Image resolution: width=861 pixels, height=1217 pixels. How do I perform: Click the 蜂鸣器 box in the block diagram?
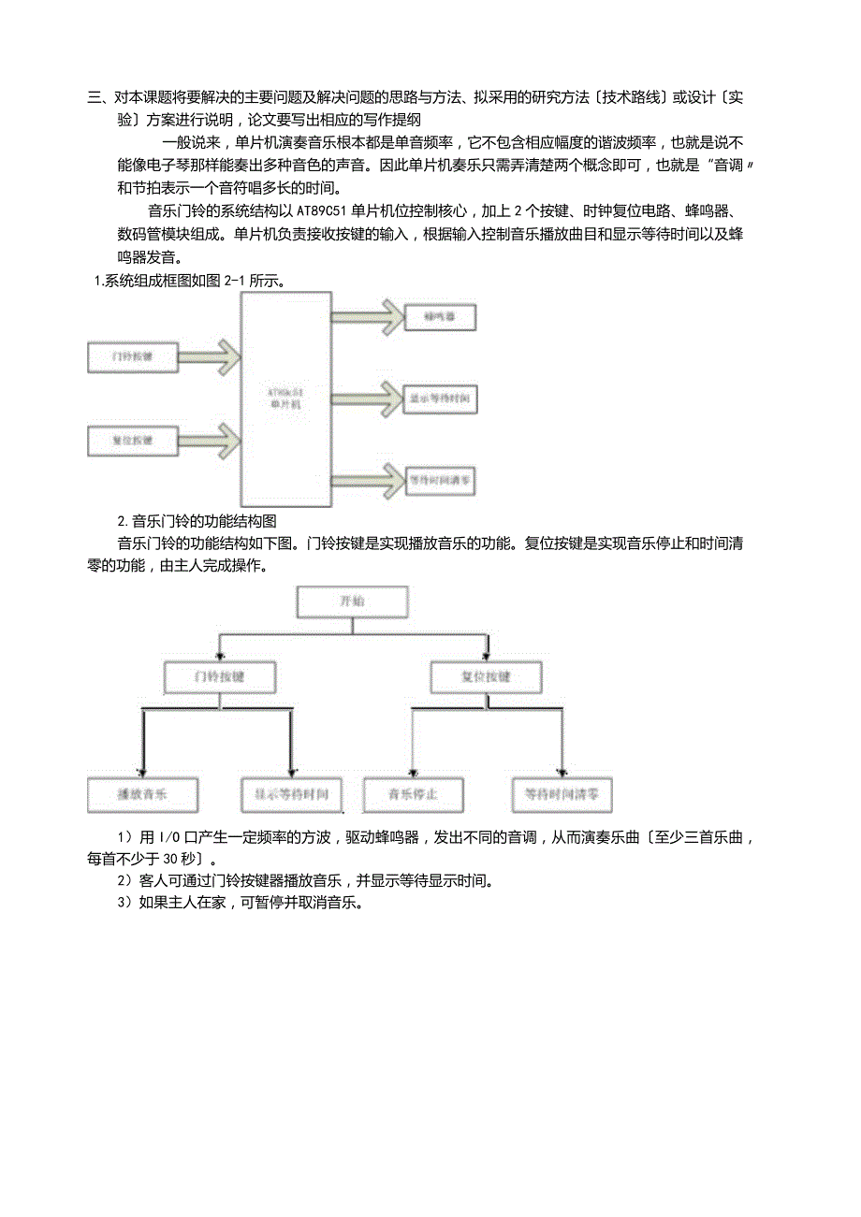441,318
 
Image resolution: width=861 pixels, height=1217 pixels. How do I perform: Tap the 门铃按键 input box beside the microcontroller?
132,357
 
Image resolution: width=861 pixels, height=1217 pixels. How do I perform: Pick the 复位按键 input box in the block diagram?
132,440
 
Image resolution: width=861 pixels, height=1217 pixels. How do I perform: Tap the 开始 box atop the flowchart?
352,602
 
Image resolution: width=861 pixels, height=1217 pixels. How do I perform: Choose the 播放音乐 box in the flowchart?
142,795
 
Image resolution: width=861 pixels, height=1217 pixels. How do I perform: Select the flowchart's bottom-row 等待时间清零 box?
562,795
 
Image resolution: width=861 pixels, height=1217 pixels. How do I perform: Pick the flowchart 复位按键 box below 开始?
486,676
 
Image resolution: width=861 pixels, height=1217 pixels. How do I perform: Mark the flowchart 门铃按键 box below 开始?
220,676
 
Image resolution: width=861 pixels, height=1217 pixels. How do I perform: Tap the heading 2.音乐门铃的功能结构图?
197,521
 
